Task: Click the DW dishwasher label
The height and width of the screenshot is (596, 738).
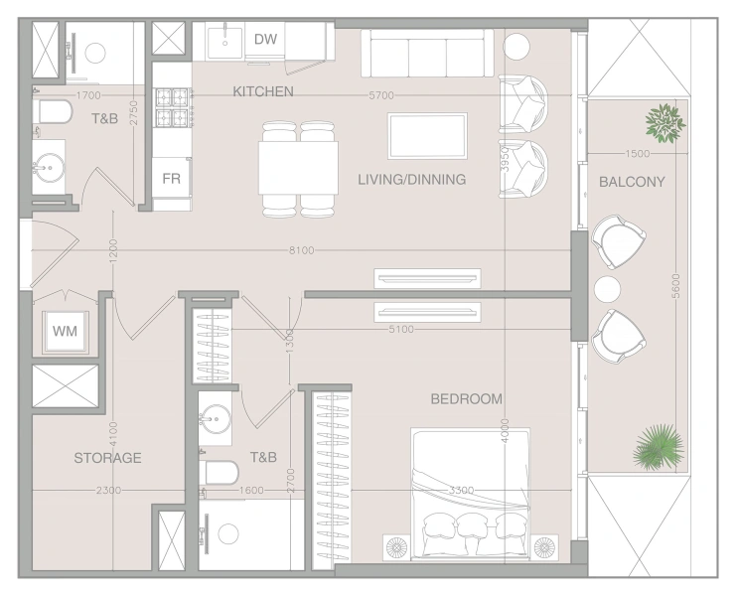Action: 265,39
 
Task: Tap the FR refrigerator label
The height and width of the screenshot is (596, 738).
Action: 171,179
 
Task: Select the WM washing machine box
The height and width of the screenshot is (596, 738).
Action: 65,332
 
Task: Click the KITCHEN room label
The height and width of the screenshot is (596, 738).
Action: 263,91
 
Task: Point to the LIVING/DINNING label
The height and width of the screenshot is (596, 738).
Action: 412,180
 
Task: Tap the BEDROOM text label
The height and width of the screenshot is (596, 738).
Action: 467,399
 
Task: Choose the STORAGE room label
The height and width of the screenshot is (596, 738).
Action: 108,458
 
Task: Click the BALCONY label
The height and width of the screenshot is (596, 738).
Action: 632,182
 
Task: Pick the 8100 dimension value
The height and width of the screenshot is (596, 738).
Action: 301,250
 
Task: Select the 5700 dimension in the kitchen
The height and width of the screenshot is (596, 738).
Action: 381,95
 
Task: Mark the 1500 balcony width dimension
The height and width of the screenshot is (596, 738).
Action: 638,154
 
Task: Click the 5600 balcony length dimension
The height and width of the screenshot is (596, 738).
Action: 675,286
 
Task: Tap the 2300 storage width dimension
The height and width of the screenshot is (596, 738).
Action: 108,490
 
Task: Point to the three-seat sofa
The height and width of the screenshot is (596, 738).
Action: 427,54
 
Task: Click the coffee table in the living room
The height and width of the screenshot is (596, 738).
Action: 427,136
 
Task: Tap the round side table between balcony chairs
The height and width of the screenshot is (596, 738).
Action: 607,289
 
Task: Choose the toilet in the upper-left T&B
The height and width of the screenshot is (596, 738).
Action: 54,111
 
